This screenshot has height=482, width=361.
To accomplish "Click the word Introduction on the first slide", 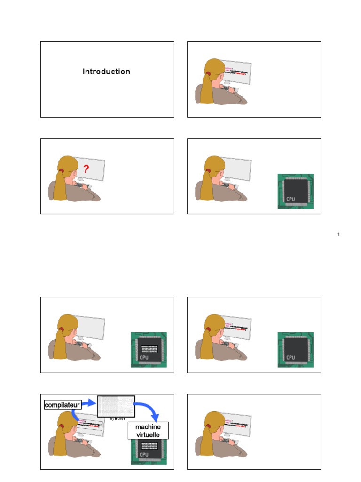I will (106, 72).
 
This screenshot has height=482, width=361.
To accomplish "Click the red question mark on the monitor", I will (86, 169).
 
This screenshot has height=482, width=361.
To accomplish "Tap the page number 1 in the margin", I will (338, 234).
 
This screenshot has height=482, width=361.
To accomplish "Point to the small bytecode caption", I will (118, 418).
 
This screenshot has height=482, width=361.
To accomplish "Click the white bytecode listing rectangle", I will (116, 406).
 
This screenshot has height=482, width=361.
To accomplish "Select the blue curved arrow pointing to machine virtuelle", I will (149, 409).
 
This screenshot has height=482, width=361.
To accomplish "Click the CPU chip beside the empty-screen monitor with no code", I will (295, 191).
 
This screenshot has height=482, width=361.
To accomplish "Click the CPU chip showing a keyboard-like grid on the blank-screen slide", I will (149, 350).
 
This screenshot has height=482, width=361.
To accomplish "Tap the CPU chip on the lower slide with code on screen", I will (295, 350).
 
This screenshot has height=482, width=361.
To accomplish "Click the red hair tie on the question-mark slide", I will (61, 170).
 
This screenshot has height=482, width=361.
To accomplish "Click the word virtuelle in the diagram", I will (148, 434).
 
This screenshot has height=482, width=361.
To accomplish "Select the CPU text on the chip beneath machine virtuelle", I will (144, 455).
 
